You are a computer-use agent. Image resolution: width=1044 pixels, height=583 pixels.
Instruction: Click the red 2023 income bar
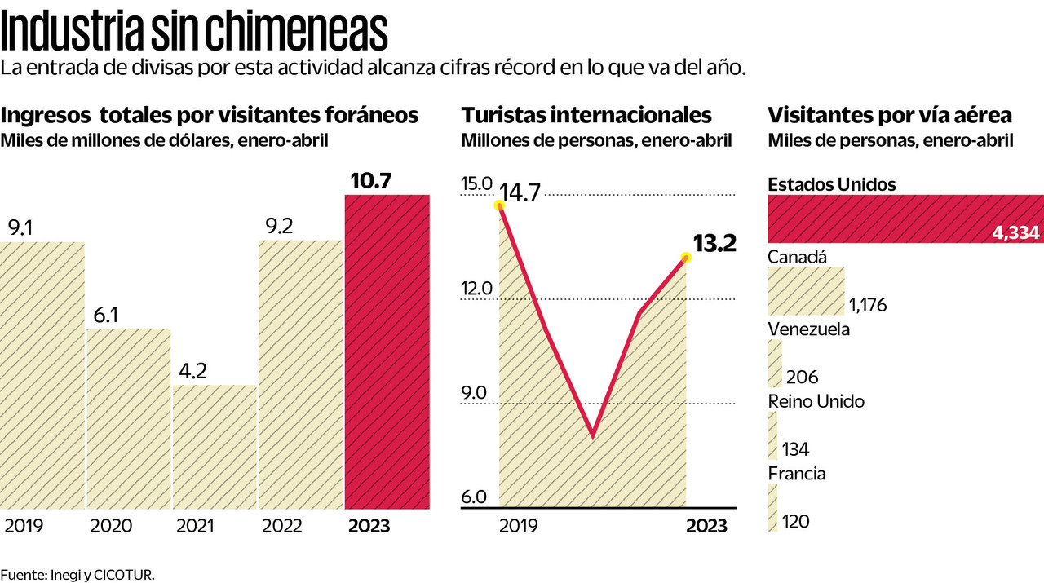[387, 352]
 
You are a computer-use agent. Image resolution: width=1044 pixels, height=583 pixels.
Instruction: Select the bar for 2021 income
[215, 447]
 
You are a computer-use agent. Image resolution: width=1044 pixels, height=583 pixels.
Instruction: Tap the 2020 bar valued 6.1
[129, 419]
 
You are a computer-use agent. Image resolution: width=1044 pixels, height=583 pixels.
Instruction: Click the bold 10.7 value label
[371, 181]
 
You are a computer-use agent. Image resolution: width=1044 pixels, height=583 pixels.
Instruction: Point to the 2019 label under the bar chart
[24, 526]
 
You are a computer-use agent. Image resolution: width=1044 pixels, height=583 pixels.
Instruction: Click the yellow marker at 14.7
[499, 205]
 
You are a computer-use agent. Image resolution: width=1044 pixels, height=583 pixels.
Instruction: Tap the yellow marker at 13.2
[686, 258]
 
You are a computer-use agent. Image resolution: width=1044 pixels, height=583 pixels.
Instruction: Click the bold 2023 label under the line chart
[706, 526]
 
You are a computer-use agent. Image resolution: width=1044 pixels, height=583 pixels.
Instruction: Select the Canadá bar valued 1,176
[806, 291]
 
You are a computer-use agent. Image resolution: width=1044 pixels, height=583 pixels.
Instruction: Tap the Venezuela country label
[809, 329]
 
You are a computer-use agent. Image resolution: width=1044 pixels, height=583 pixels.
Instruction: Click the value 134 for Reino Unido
[795, 449]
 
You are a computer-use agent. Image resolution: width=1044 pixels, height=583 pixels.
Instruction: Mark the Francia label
[797, 474]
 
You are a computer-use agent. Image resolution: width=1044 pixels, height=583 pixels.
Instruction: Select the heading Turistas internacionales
[586, 115]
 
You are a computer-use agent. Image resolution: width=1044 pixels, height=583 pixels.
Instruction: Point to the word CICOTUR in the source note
[130, 575]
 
